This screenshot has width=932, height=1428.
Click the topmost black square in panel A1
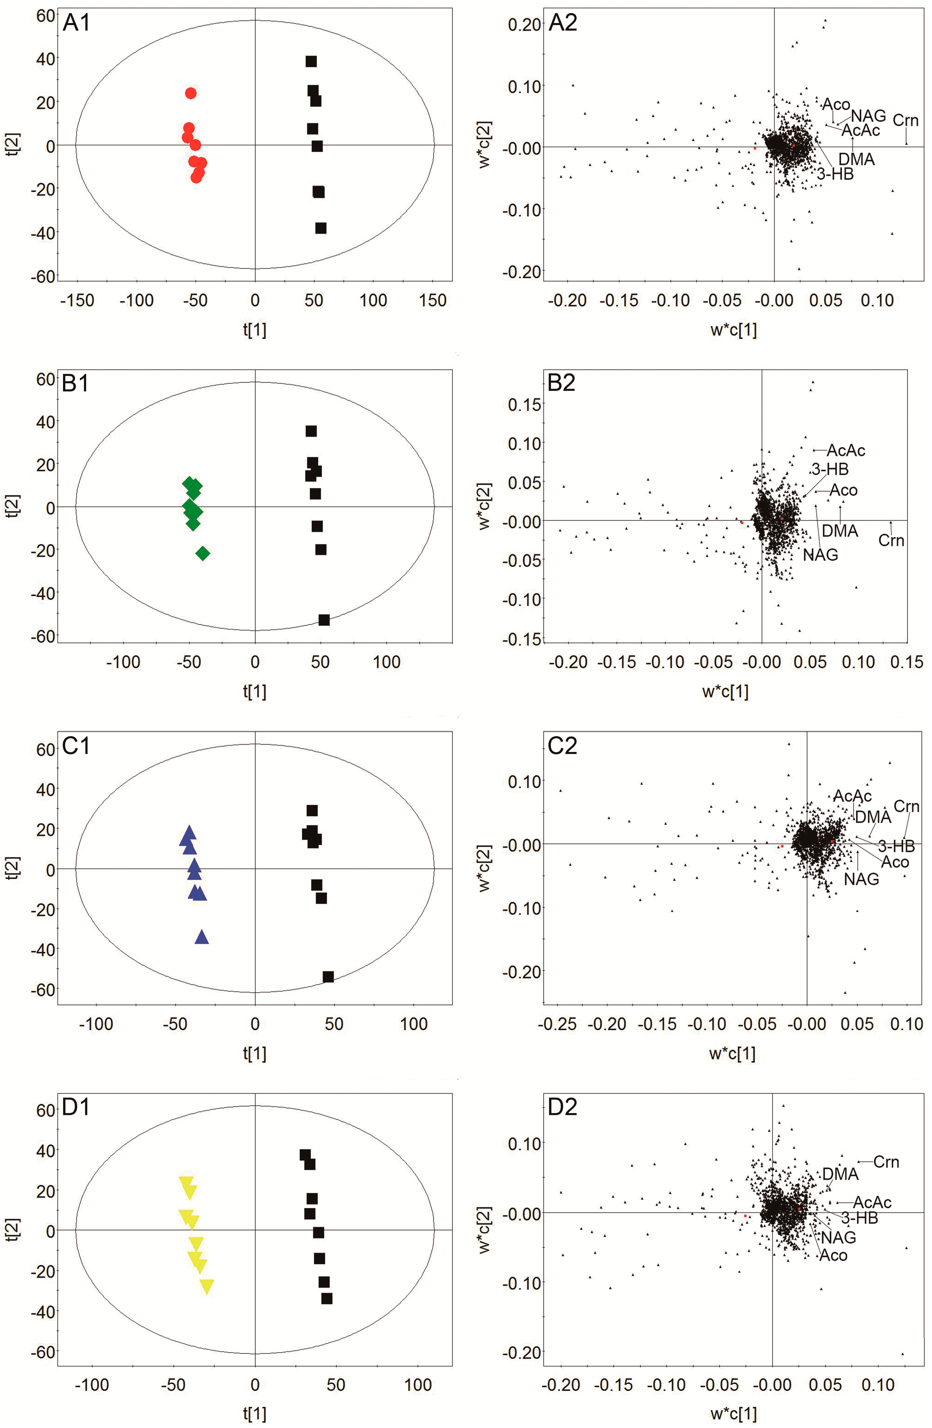click(311, 61)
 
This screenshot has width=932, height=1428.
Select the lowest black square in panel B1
click(324, 620)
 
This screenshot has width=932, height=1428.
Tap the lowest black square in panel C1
click(328, 977)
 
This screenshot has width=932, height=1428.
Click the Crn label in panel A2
click(905, 121)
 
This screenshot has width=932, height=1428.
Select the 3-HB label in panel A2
click(835, 174)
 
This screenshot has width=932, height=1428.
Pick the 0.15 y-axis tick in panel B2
click(524, 404)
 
